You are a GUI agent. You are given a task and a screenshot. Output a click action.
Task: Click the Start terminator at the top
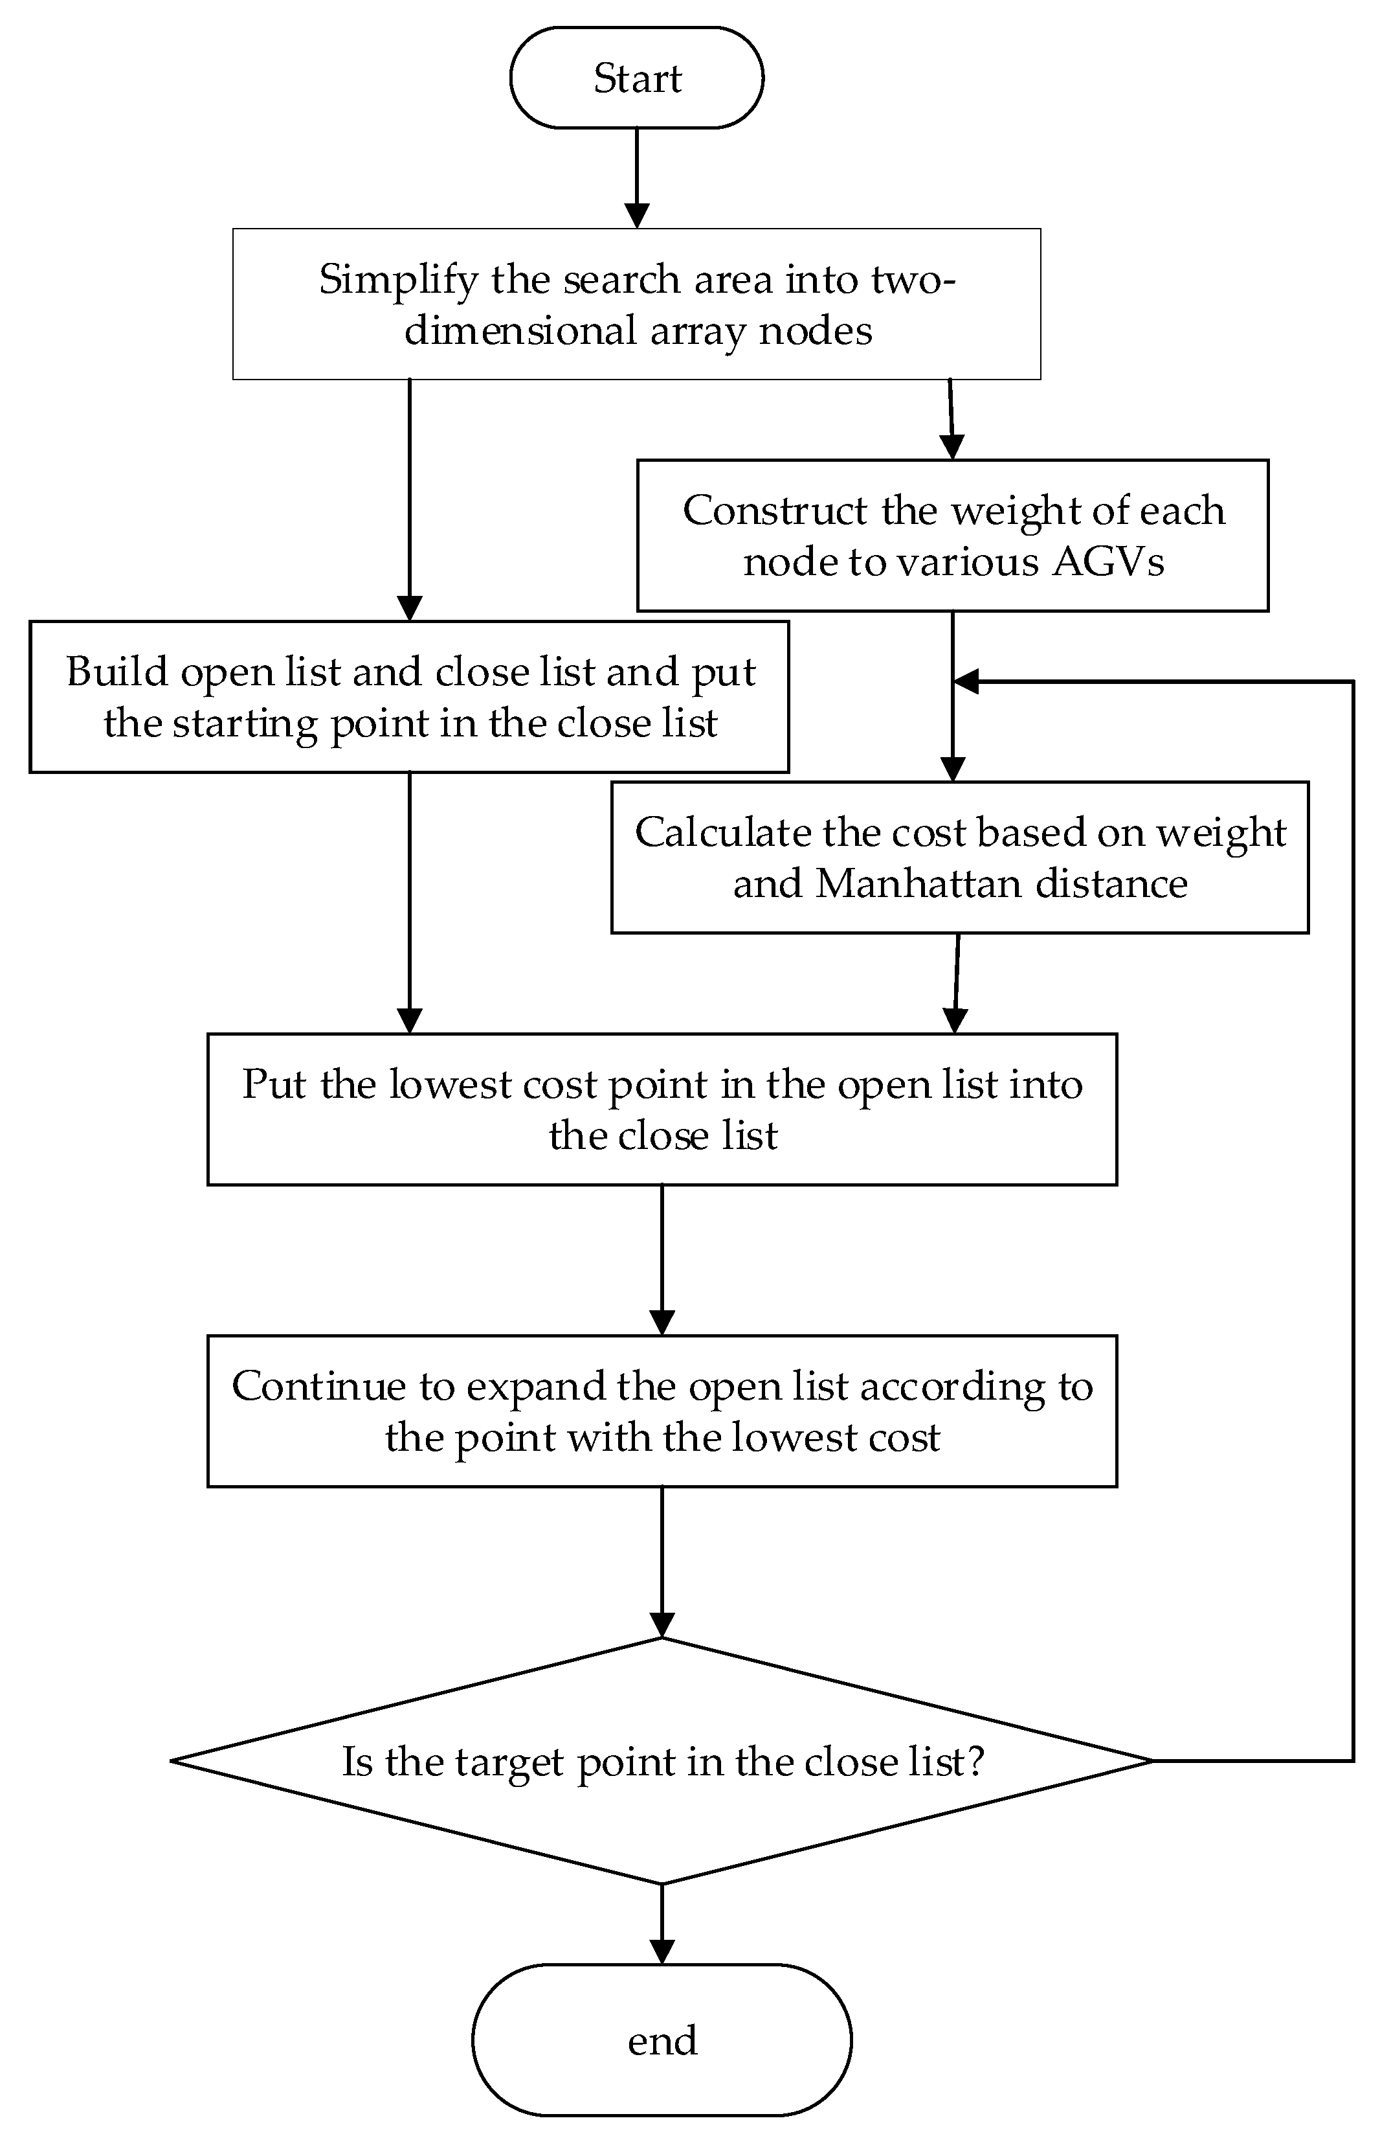[x=636, y=78]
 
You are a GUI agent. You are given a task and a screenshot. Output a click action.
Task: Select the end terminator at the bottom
[x=662, y=2040]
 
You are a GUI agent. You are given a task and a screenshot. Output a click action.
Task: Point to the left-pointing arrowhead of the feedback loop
[x=965, y=681]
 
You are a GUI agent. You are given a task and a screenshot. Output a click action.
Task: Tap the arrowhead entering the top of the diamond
[x=662, y=1625]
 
